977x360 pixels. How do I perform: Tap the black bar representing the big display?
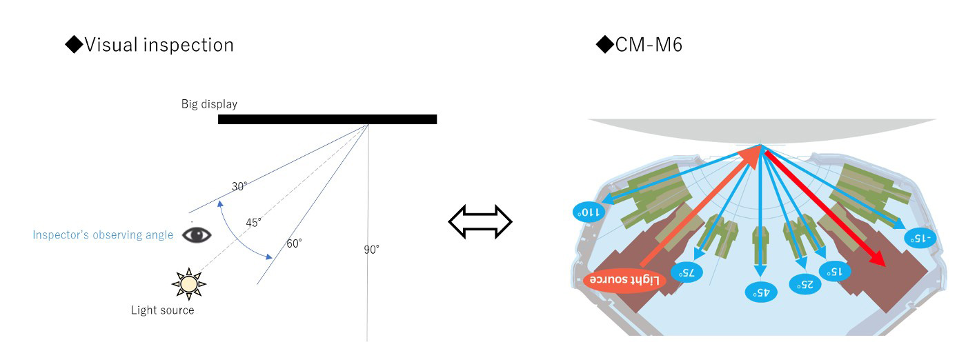click(327, 119)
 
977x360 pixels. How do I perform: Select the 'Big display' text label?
click(209, 104)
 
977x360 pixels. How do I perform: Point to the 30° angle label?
click(239, 186)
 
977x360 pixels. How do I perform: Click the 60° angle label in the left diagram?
click(295, 243)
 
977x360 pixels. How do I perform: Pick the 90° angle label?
click(372, 250)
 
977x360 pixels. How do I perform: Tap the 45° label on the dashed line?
click(254, 222)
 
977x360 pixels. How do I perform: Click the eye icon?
click(197, 234)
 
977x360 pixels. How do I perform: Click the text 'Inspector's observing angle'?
click(103, 235)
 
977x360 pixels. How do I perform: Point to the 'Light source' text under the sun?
click(163, 310)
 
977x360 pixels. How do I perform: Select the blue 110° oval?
click(590, 212)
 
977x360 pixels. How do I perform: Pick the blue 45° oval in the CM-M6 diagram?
click(760, 292)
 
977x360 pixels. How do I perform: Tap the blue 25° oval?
click(805, 283)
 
